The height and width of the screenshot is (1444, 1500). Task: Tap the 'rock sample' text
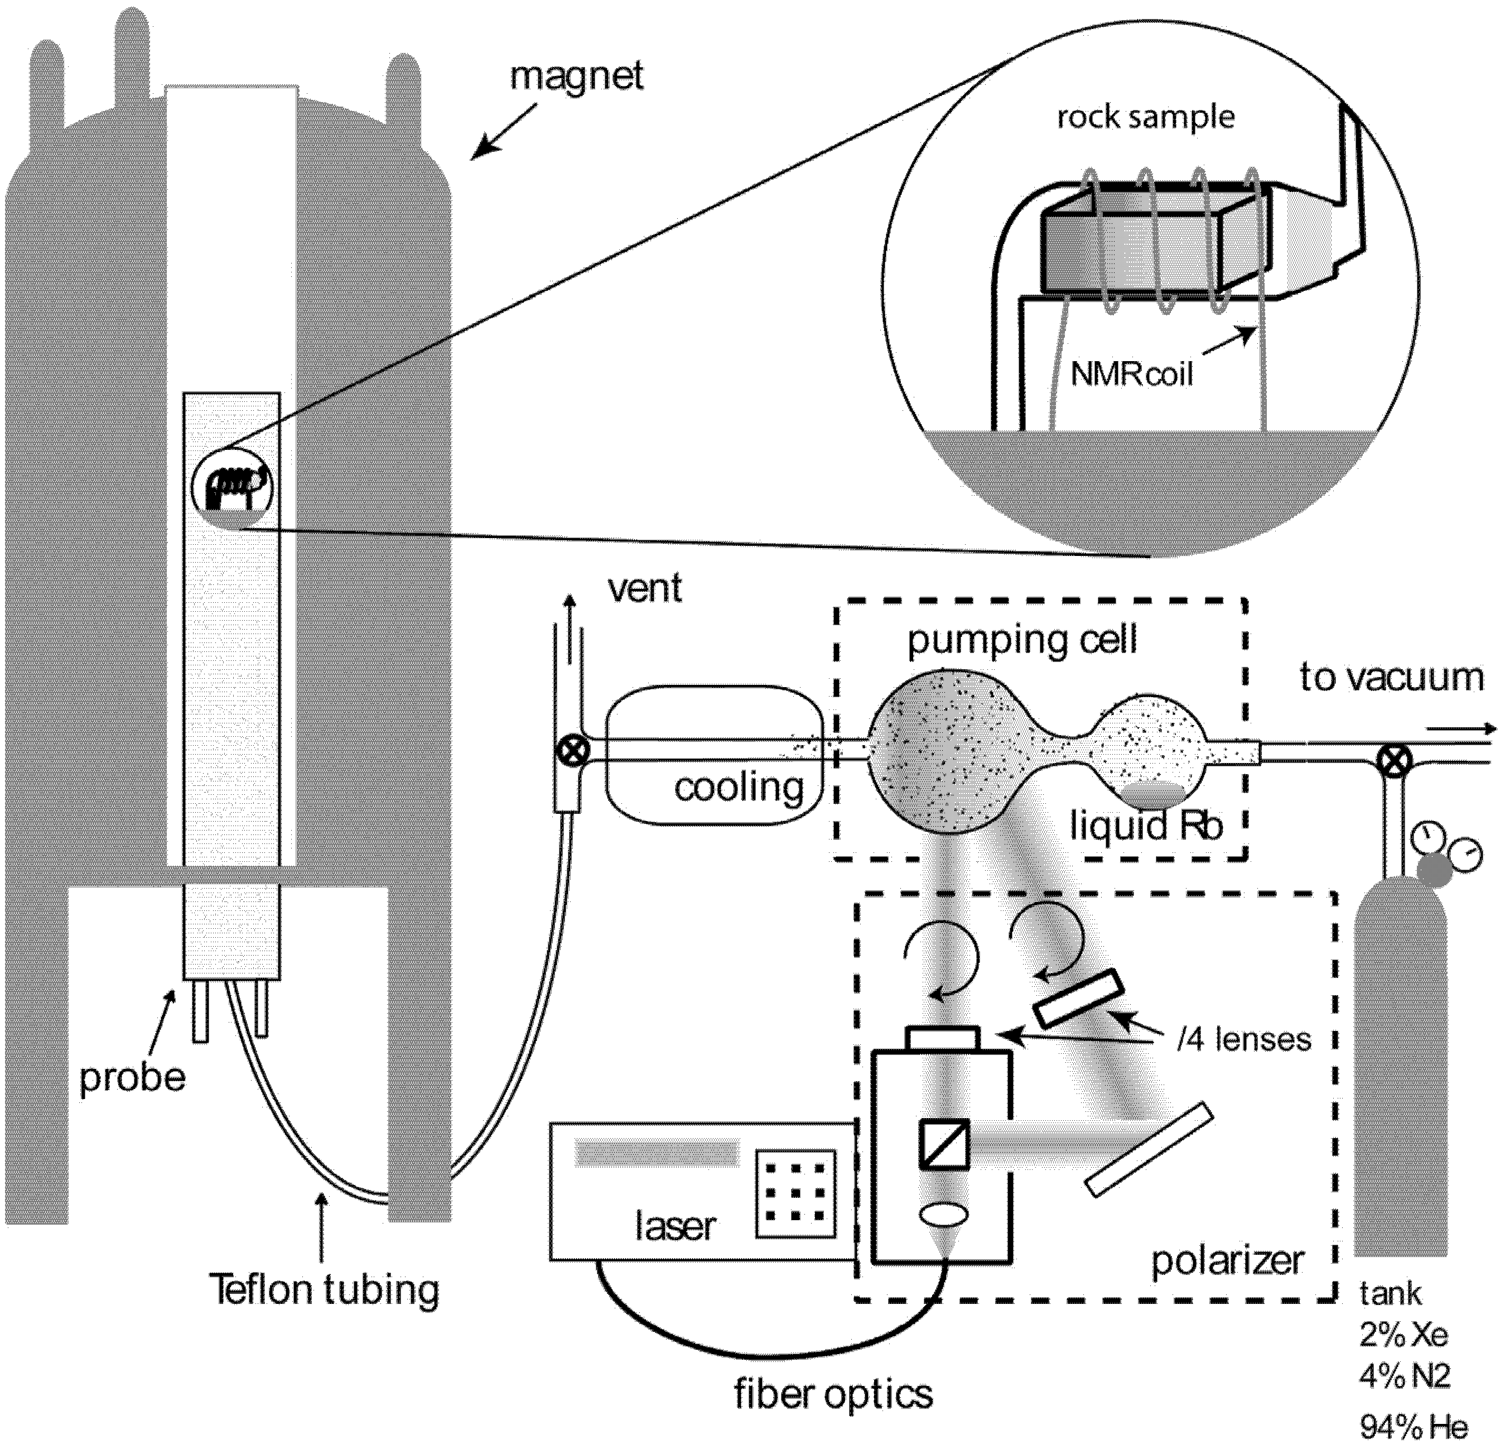click(x=1146, y=117)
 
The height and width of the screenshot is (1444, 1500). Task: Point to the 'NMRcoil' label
click(x=1131, y=375)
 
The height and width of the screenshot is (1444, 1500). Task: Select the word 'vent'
click(x=644, y=589)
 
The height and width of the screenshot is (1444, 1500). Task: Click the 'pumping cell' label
click(x=1022, y=641)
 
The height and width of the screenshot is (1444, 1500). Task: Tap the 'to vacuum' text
click(x=1391, y=678)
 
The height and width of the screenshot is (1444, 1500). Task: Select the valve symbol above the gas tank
click(x=1389, y=760)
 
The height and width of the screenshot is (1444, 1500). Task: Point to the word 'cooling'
click(x=739, y=788)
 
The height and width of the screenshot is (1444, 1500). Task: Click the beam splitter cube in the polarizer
click(x=944, y=1144)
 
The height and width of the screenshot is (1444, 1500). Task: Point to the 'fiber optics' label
click(x=833, y=1393)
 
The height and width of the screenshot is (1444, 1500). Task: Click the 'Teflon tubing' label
click(x=325, y=1289)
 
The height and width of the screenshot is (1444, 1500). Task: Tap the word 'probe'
click(x=132, y=1078)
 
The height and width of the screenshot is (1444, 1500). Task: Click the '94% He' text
click(x=1414, y=1427)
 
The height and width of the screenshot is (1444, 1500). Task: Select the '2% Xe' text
click(x=1403, y=1335)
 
